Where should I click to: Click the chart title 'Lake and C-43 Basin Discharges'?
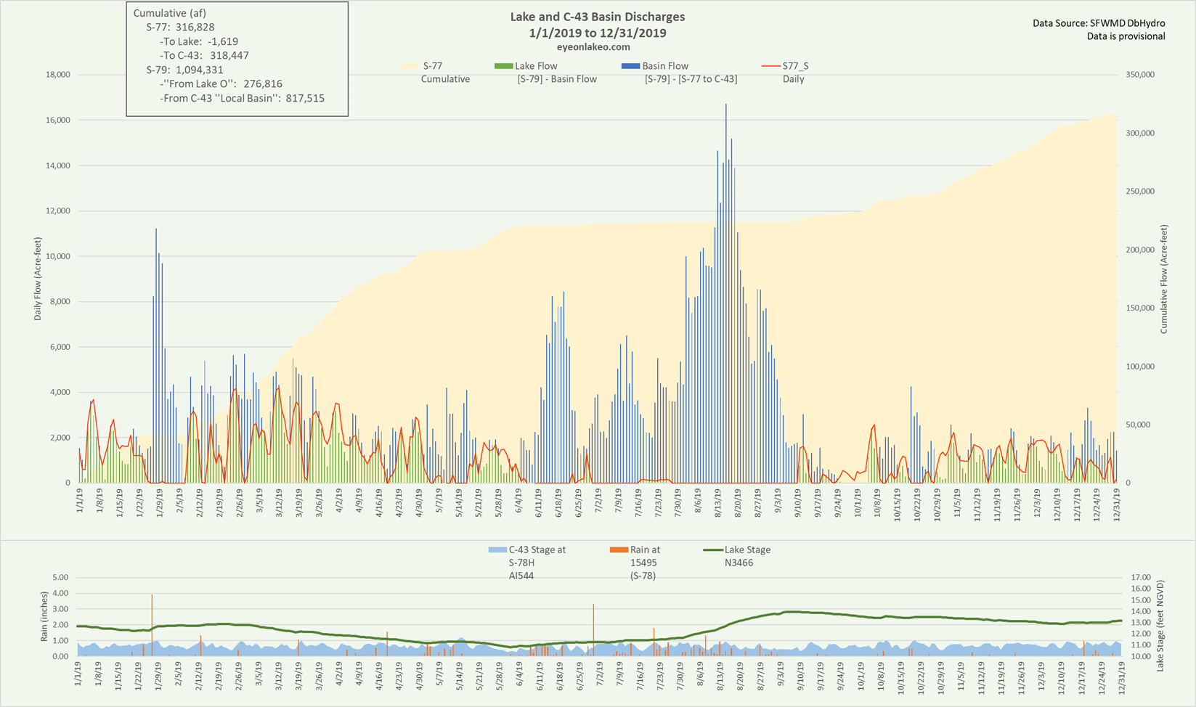[x=598, y=17]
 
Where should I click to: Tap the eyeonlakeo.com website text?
[x=598, y=47]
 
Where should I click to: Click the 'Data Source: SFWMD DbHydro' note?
[x=1099, y=23]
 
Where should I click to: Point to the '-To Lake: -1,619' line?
[x=199, y=41]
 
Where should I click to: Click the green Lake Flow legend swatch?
[x=503, y=66]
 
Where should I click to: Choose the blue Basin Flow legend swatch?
[x=630, y=66]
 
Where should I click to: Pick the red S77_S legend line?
[x=770, y=66]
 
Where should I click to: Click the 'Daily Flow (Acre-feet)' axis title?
[x=37, y=279]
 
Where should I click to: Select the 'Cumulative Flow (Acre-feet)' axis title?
[x=1163, y=279]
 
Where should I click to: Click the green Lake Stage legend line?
[x=713, y=549]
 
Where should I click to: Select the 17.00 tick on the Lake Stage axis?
[x=1141, y=577]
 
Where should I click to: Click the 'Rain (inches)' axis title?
[x=44, y=617]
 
